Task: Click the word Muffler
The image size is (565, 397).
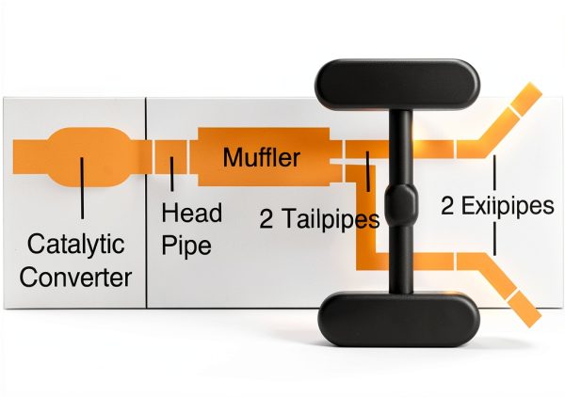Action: click(262, 157)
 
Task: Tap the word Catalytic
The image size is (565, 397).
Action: click(75, 245)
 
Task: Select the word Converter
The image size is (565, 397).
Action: click(75, 278)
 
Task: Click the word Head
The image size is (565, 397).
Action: click(192, 213)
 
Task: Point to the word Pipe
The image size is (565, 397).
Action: click(186, 246)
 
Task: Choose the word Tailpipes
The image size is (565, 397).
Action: click(331, 219)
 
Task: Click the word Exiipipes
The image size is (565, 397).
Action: click(508, 205)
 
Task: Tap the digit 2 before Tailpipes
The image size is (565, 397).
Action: click(266, 219)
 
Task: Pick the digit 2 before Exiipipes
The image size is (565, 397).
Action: click(447, 205)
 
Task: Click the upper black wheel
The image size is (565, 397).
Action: click(397, 85)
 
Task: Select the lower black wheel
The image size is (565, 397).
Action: click(398, 319)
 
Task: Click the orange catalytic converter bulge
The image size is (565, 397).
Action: click(89, 157)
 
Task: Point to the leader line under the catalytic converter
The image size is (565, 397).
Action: click(82, 188)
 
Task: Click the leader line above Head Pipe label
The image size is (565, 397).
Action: click(172, 174)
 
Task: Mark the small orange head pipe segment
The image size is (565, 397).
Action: click(171, 157)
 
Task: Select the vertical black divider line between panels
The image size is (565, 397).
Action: click(146, 202)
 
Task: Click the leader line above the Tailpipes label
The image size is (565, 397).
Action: click(367, 171)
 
